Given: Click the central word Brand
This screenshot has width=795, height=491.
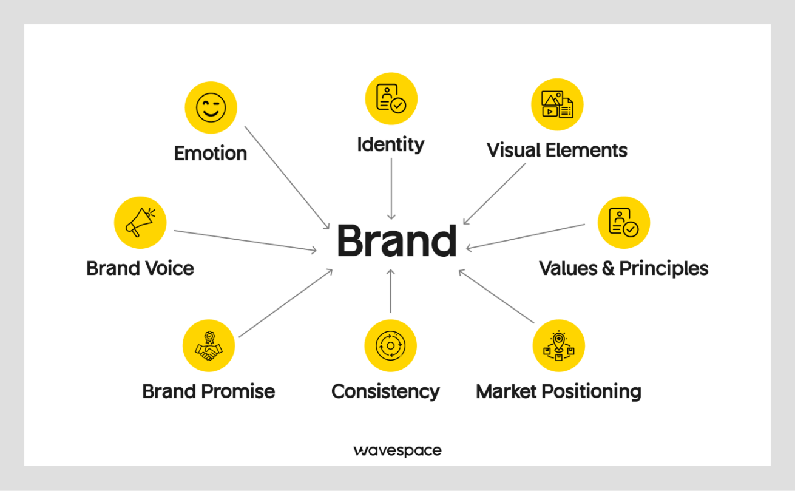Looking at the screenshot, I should coord(396,241).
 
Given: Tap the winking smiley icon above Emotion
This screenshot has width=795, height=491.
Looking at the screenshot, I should coord(211,107).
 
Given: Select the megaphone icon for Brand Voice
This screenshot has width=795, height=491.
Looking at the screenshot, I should coord(140,222).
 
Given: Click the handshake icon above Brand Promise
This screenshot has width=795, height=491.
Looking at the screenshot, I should coord(209,346).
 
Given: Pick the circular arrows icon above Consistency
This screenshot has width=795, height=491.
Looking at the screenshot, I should coord(390,346).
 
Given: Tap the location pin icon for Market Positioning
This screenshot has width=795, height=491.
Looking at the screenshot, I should coord(558,346).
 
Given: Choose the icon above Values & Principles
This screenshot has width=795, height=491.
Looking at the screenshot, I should coord(623,222).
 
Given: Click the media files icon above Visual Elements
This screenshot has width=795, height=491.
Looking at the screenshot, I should coord(557,104).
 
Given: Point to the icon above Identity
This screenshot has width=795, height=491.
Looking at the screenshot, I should coord(391,99).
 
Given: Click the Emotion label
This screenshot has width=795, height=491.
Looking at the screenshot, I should coord(211,153).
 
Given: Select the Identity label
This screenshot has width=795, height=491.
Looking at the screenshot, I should coord(390,144).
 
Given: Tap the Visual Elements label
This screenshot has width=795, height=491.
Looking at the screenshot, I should coord(557,150).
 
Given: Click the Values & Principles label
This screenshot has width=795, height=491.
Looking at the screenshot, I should coord(623,268).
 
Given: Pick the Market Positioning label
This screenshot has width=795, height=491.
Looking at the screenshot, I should coord(558,391).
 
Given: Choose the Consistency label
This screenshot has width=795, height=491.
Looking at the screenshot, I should coord(385,391).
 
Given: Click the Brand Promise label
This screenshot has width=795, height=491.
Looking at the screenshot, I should coord(208,391).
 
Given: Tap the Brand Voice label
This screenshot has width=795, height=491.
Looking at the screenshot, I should coord(140,268).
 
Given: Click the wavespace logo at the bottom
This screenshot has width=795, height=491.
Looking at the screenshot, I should coord(397,450).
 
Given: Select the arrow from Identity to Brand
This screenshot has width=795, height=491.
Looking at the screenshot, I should coord(391,188).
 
